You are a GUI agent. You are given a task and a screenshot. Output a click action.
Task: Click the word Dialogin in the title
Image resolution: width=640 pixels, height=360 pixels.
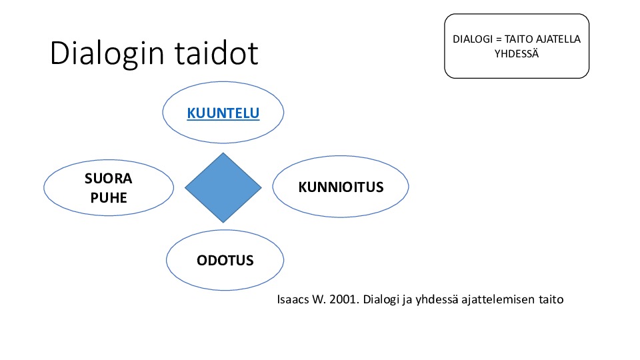(x=107, y=53)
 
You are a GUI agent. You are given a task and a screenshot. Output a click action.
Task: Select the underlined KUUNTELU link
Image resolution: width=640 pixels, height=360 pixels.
(x=223, y=113)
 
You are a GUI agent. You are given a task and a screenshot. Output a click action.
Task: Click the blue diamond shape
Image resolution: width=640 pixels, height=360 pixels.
(x=223, y=188)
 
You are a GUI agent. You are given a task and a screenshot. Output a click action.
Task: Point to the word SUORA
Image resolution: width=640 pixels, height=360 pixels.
(x=109, y=179)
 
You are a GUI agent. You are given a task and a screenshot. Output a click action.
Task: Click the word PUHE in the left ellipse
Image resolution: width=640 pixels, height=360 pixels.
(x=109, y=198)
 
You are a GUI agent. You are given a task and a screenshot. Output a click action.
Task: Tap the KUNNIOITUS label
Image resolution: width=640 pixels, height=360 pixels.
(x=341, y=187)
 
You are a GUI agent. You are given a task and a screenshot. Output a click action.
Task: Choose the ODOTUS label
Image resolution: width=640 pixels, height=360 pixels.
(x=225, y=261)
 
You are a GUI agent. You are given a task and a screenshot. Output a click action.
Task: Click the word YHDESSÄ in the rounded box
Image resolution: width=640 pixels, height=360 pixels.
(x=517, y=53)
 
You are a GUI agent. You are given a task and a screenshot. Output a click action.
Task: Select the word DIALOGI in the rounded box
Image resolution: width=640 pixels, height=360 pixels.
(x=473, y=39)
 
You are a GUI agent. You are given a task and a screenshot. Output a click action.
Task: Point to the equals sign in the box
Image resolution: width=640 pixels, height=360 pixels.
(x=499, y=39)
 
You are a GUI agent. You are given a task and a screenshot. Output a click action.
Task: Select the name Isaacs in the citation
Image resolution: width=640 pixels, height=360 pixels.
(x=293, y=299)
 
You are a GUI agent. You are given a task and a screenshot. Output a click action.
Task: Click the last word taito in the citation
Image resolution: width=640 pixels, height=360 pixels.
(x=551, y=299)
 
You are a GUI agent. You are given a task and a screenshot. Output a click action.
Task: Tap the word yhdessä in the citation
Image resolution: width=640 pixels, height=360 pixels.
(x=437, y=299)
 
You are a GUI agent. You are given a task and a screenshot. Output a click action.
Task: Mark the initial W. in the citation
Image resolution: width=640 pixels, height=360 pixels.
(x=319, y=299)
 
